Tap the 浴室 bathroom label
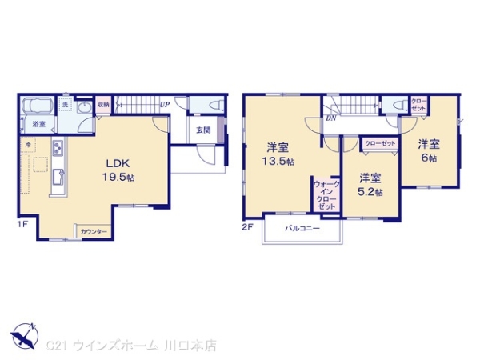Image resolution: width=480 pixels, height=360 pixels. pyautogui.click(x=38, y=124)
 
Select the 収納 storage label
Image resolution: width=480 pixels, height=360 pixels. pyautogui.click(x=104, y=105)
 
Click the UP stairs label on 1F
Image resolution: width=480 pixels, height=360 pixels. pyautogui.click(x=164, y=105)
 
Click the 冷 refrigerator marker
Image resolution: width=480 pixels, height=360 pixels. pyautogui.click(x=28, y=145)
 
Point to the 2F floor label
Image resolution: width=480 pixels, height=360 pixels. pyautogui.click(x=247, y=226)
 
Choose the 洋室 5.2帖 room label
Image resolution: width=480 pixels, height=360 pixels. pyautogui.click(x=370, y=185)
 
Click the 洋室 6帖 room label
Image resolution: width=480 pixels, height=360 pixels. pyautogui.click(x=429, y=151)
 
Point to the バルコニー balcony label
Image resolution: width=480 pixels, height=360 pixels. pyautogui.click(x=302, y=228)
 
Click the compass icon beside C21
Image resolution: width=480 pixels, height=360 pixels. pyautogui.click(x=23, y=333)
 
